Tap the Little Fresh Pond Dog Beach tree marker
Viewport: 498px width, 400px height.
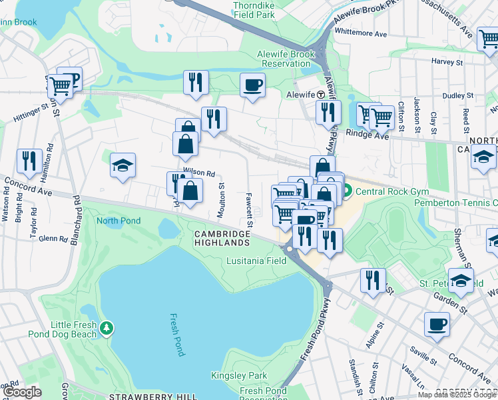click(x=107, y=328)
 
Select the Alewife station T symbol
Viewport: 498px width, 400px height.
click(x=321, y=95)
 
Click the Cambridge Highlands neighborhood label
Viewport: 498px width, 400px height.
click(x=222, y=238)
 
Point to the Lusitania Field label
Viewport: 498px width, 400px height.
click(x=256, y=261)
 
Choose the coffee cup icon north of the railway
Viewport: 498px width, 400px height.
click(x=252, y=85)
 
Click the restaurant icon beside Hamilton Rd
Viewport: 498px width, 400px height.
click(x=29, y=161)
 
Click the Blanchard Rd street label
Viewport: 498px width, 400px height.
click(x=73, y=219)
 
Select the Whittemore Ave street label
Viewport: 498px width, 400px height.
click(x=361, y=33)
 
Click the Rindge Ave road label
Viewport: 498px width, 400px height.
click(x=367, y=134)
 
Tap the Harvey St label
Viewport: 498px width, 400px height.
click(x=447, y=61)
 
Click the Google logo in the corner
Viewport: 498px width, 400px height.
click(x=22, y=392)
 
